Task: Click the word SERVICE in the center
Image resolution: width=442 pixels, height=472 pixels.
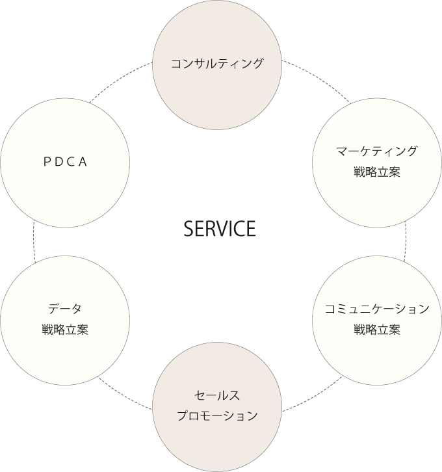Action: [219, 229]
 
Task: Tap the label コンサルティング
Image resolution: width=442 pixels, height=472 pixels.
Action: [217, 63]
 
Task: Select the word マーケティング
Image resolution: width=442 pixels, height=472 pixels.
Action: [377, 151]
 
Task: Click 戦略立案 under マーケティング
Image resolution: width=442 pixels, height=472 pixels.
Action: [377, 172]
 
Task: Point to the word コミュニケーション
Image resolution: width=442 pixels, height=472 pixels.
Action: [377, 309]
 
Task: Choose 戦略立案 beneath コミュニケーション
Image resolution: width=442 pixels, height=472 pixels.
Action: [377, 330]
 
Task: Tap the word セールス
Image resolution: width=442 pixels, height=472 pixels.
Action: [217, 395]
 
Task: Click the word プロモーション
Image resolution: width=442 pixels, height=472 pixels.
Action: [217, 416]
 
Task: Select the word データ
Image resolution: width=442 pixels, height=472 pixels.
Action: [65, 309]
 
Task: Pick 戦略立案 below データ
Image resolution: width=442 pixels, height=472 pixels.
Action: [65, 330]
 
